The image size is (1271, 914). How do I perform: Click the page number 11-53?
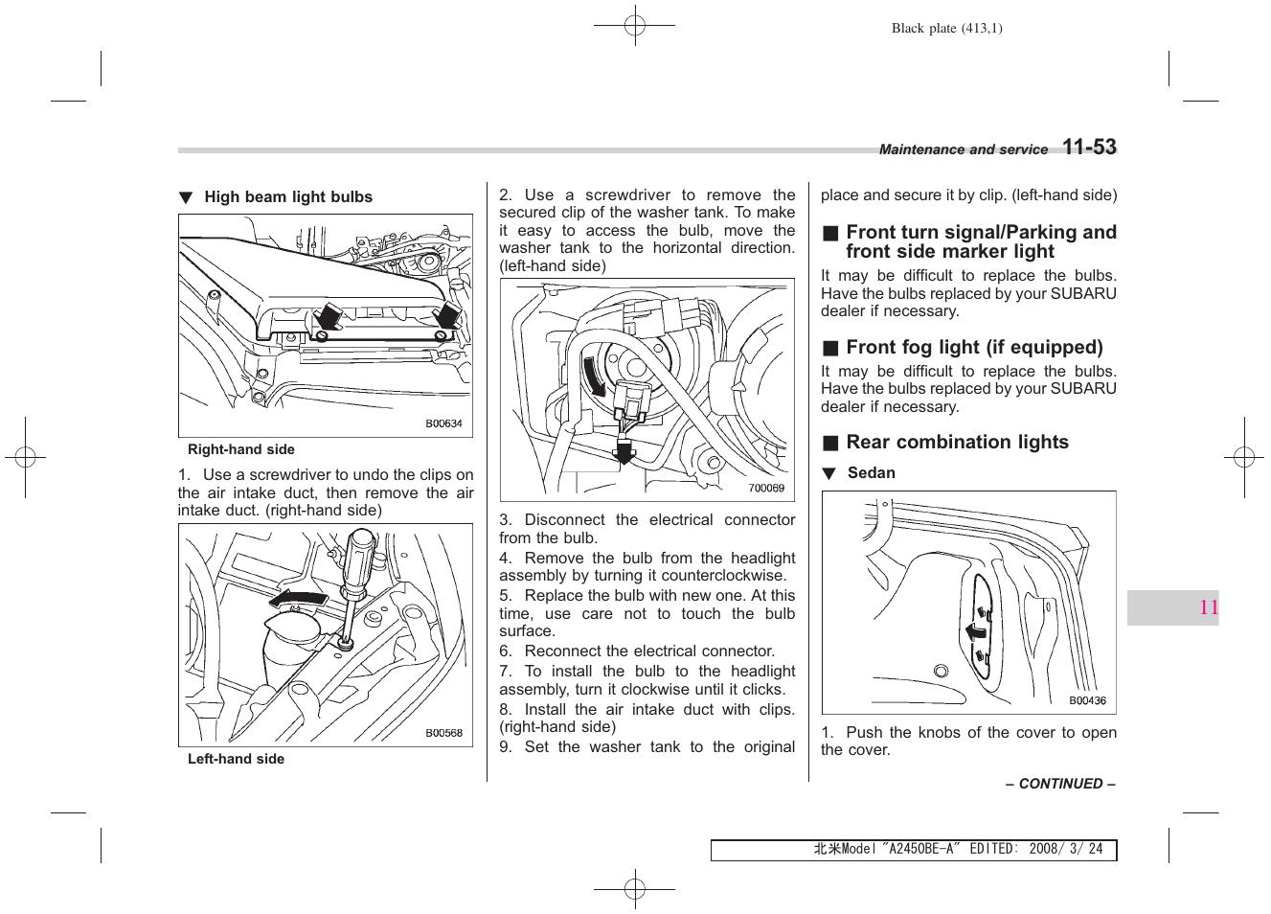(1089, 148)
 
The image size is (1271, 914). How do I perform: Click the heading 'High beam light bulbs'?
(287, 197)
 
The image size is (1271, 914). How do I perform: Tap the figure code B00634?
(443, 423)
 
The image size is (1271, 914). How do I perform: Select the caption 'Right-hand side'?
(241, 449)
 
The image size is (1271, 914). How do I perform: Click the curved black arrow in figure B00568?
(297, 600)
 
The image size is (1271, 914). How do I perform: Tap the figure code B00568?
(443, 733)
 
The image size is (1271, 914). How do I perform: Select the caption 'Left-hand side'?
(236, 759)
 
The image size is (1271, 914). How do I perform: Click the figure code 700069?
(766, 488)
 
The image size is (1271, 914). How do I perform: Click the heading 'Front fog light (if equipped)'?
(974, 348)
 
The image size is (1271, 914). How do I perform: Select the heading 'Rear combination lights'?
(957, 443)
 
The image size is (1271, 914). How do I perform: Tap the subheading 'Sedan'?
(871, 473)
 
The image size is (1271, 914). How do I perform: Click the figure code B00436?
(1087, 700)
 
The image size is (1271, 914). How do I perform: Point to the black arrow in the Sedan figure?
(976, 631)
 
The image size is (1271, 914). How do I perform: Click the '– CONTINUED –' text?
(1060, 784)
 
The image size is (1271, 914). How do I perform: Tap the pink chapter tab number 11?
(1208, 607)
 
